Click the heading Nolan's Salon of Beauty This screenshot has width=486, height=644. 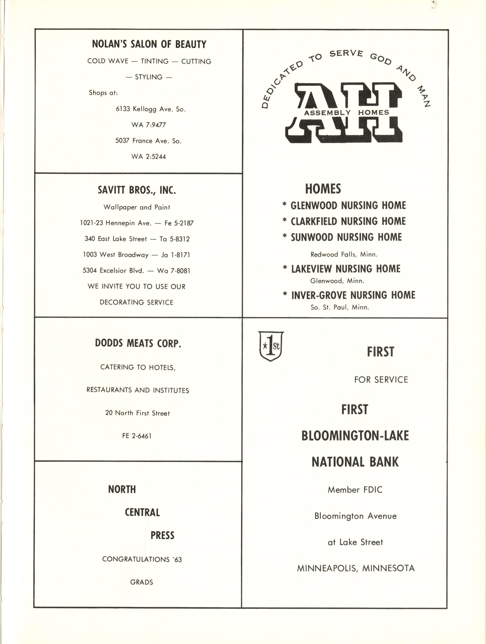149,44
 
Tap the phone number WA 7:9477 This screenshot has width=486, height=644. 148,125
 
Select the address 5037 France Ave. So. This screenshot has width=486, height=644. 148,141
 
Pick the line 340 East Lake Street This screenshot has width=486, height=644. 116,239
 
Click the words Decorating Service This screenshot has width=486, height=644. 136,302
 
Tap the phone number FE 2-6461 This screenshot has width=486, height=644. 137,436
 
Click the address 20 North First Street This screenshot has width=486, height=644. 137,413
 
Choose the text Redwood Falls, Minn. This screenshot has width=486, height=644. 344,254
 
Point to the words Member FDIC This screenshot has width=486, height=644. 355,490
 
